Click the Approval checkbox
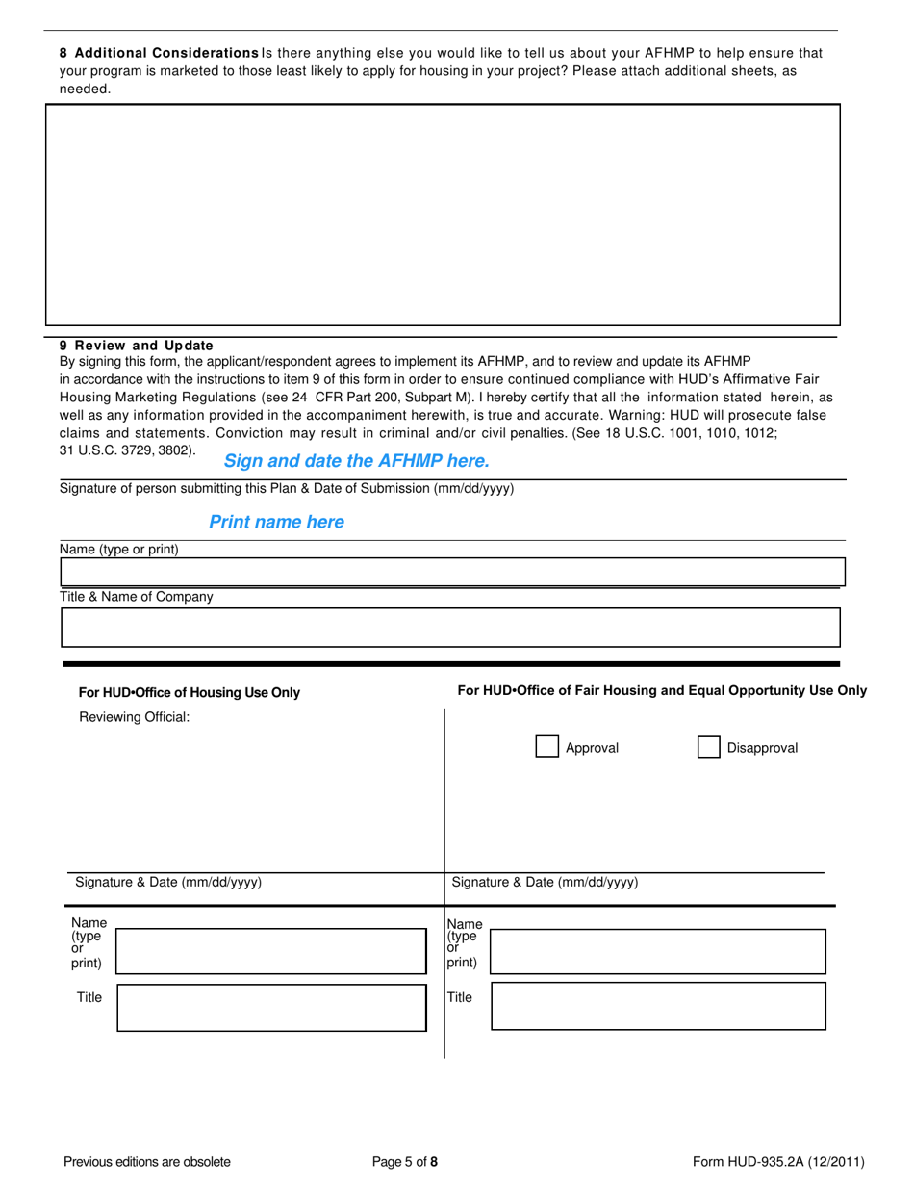point(546,747)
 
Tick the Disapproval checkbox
point(708,747)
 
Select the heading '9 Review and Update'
point(137,346)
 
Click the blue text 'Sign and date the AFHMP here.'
point(356,461)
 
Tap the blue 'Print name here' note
point(276,522)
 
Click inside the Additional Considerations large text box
point(443,215)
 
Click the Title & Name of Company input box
point(450,628)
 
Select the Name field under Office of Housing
point(271,951)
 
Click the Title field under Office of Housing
point(271,1008)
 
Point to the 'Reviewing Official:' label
point(135,717)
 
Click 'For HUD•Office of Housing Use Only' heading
point(189,692)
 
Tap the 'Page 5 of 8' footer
point(405,1161)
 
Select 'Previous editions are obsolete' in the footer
point(147,1161)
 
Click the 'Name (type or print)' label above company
point(119,549)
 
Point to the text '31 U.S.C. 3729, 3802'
point(127,450)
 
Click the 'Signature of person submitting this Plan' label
point(287,488)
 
